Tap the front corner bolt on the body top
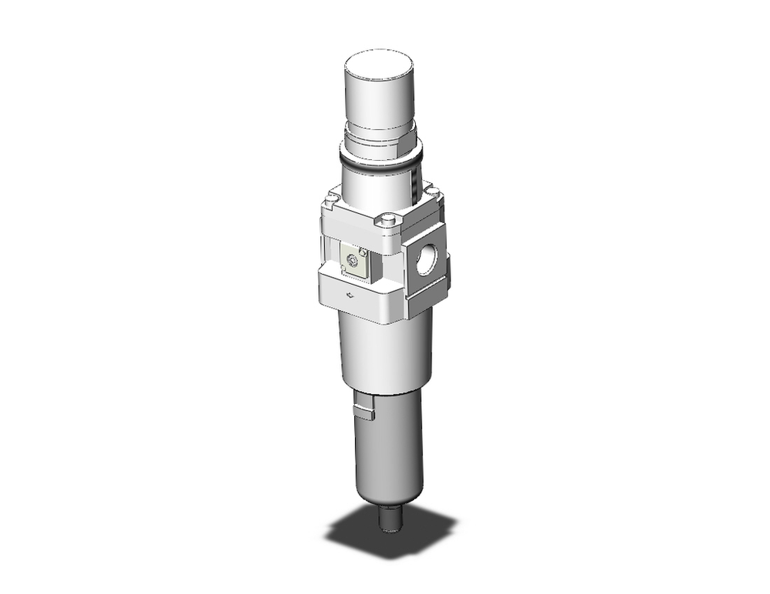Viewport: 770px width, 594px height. coord(387,222)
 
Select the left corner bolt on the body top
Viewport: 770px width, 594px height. coord(331,202)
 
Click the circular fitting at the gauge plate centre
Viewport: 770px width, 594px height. coord(354,262)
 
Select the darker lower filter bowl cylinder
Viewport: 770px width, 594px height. coord(389,454)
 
